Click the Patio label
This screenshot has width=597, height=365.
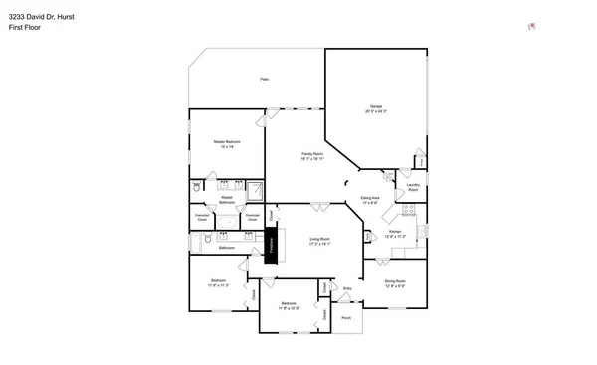(x=264, y=79)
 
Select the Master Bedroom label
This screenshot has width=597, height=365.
(x=227, y=144)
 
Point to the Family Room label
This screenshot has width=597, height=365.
(x=312, y=155)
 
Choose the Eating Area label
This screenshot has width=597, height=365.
(x=371, y=200)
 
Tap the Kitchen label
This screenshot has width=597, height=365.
(x=394, y=234)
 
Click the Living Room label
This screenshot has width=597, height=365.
(x=319, y=241)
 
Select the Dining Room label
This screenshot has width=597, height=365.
(x=395, y=283)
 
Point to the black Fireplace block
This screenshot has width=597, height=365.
(x=269, y=244)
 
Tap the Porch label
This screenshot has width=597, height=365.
(x=346, y=319)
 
